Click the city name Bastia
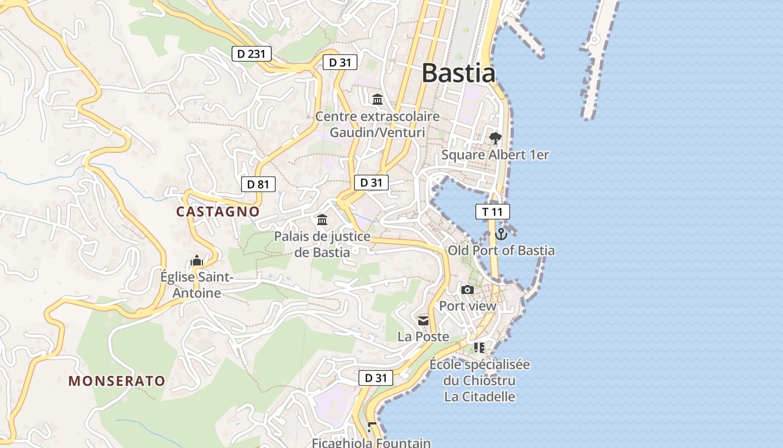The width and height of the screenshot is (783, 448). point(458,73)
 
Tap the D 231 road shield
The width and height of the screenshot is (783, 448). point(252,54)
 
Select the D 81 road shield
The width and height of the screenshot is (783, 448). point(258,184)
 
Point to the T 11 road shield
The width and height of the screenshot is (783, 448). point(492,212)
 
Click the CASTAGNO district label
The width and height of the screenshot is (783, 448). point(218,212)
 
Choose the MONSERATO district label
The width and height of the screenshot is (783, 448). point(117,381)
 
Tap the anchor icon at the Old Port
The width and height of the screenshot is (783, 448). point(501,234)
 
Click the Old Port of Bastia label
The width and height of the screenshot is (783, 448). point(501,250)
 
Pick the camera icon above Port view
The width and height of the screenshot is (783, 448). point(468,290)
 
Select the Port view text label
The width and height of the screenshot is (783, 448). point(468,306)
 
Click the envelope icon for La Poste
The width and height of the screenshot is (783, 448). point(423,321)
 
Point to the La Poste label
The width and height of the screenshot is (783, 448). point(423,337)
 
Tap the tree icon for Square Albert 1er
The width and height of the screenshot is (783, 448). point(495,138)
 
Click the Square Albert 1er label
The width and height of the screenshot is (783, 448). point(495,155)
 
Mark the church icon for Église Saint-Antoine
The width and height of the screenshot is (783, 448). point(196,260)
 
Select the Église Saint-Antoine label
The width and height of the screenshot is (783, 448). point(196,284)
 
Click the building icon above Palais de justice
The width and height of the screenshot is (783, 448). point(322,220)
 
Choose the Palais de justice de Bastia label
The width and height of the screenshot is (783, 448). point(322,244)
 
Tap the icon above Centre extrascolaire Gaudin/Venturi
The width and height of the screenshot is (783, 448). point(378,100)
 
